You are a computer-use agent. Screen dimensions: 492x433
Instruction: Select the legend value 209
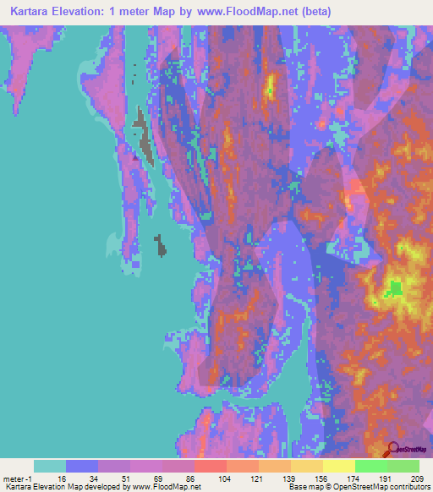416,478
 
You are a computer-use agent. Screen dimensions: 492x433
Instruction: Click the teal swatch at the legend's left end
50,466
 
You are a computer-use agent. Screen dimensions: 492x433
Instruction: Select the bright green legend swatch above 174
370,466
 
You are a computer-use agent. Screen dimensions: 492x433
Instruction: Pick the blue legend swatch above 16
82,466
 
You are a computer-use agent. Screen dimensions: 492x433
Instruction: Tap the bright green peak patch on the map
394,289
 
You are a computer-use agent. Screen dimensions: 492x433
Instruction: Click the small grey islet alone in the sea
161,245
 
